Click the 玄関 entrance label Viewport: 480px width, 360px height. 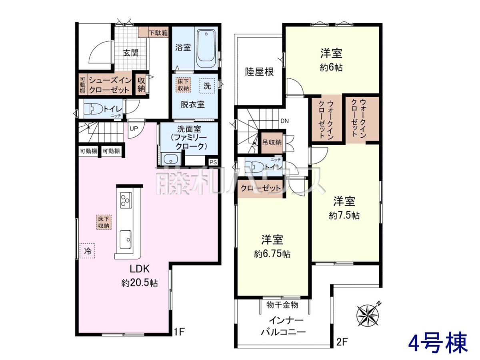click(130, 53)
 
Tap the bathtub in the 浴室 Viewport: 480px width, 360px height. click(206, 49)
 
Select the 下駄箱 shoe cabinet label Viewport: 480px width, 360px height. click(158, 33)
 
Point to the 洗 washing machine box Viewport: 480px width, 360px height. click(207, 86)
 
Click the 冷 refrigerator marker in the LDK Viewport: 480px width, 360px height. click(87, 251)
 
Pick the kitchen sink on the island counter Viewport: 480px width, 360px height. click(126, 239)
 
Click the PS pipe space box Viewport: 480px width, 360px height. click(213, 162)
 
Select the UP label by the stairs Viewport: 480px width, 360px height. click(134, 128)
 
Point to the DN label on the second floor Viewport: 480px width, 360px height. click(284, 121)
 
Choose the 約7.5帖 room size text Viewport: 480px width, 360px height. click(344, 216)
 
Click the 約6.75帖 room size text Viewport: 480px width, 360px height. click(272, 254)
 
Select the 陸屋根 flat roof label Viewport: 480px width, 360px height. click(259, 72)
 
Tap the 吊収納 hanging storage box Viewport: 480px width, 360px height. click(272, 142)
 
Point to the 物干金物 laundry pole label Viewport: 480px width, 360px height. click(282, 305)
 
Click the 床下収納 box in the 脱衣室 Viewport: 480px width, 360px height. click(183, 85)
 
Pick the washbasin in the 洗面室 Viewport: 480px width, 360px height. click(170, 160)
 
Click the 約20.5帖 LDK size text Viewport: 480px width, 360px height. click(140, 283)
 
